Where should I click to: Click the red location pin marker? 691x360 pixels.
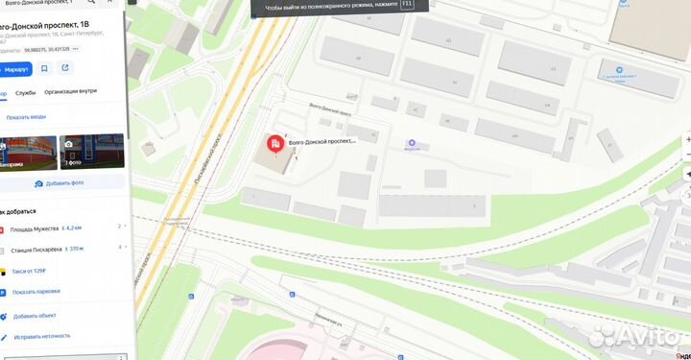tap(274, 145)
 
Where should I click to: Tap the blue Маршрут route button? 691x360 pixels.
tap(16, 69)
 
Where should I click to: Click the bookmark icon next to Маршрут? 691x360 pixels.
tap(44, 69)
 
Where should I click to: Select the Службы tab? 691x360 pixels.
tap(26, 93)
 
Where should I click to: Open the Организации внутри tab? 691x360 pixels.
tap(70, 93)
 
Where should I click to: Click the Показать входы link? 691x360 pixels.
tap(26, 117)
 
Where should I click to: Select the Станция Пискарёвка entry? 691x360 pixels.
tap(38, 249)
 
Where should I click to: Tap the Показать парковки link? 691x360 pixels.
tap(37, 291)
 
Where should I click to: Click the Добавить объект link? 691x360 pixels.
tap(35, 316)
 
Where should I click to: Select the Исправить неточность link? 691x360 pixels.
tap(41, 336)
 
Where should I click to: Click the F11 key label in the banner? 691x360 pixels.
tap(407, 5)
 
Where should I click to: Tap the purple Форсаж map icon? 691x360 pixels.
tap(413, 143)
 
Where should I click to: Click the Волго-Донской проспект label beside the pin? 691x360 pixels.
tap(322, 141)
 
